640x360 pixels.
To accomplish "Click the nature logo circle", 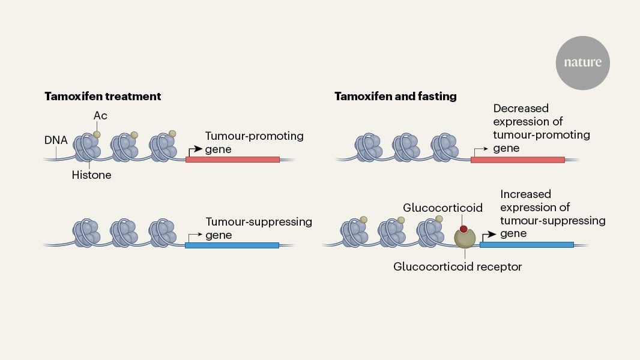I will point(582,63).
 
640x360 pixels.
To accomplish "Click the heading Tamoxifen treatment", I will point(103,96).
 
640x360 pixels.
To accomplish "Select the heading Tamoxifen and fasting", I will point(396,96).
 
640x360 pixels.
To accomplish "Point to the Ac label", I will point(100,115).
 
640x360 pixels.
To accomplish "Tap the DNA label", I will point(56,140).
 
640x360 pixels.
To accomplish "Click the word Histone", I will point(91,175).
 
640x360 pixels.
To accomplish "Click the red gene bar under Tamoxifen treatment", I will point(232,160).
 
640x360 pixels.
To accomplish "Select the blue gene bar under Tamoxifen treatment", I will point(232,245).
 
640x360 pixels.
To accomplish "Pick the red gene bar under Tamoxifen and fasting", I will point(518,160).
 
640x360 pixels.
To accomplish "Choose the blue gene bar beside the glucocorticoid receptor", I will point(527,245).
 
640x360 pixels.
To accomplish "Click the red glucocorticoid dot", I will point(463,229).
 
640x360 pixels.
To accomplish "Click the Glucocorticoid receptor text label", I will point(457,266).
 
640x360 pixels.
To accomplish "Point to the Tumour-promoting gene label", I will point(254,142).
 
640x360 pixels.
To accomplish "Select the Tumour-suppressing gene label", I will point(258,228).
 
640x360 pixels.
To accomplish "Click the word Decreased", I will point(521,109).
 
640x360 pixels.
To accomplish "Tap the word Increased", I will point(525,194).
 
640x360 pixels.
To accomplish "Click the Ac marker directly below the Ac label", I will point(97,134).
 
